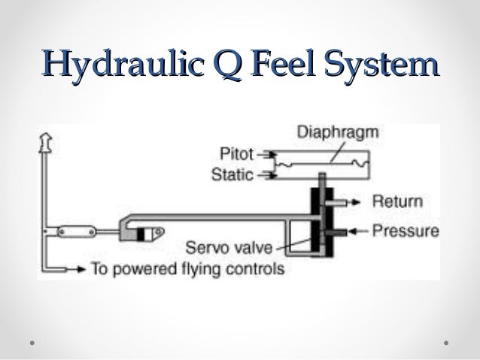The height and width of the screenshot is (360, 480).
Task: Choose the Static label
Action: pyautogui.click(x=234, y=177)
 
